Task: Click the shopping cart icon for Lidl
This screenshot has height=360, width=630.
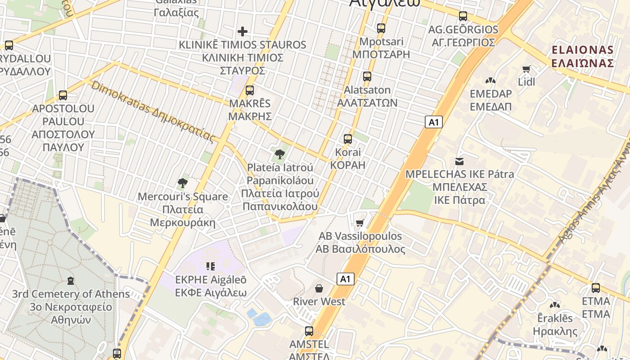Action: coord(526,69)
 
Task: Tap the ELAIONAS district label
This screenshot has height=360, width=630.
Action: coord(582,56)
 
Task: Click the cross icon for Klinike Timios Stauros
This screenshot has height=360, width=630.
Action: coord(243,31)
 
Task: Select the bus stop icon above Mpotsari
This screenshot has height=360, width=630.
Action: coord(381,28)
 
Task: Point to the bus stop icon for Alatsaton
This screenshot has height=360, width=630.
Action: coord(367,76)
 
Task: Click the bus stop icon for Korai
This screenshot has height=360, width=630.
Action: coord(348,139)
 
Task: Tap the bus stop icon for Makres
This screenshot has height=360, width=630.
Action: coord(250,90)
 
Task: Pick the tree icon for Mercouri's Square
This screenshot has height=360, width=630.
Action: coord(182,183)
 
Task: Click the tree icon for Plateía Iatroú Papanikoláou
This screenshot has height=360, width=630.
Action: coord(279,155)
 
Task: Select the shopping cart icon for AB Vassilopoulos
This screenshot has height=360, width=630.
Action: coord(360,223)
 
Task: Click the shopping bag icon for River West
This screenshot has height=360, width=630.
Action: coord(319,288)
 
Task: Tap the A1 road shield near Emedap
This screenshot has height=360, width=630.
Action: coord(433,122)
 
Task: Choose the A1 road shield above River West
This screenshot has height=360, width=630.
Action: coord(345,279)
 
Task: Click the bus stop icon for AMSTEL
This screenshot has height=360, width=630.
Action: coord(309,331)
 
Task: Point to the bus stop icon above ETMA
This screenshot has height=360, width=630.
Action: coord(596,288)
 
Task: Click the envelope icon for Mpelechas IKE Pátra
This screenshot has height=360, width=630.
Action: coord(459,161)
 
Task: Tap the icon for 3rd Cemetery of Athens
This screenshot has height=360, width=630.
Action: coord(70,281)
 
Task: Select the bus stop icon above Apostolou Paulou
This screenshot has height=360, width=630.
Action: coord(63,95)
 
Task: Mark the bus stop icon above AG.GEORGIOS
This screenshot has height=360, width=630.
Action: coord(463,16)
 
